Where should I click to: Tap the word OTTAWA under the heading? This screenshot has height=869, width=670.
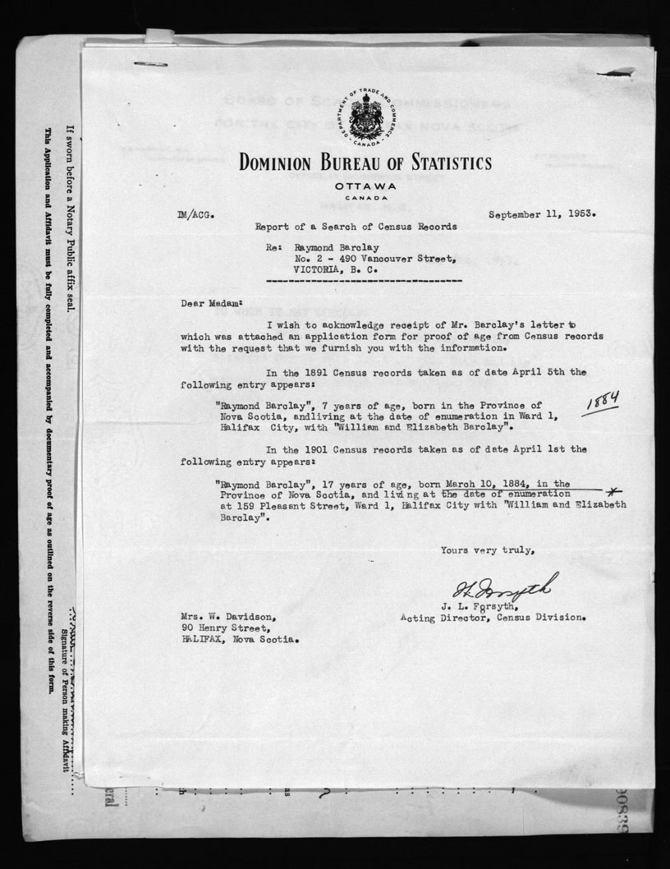tap(365, 186)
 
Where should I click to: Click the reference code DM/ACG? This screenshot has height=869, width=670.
tap(195, 215)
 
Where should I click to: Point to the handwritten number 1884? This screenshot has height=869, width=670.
tap(600, 402)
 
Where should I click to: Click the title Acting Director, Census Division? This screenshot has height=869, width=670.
tap(493, 617)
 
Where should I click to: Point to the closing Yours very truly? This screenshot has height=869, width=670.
tap(488, 550)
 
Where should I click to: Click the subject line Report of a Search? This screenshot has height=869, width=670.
tap(356, 226)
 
